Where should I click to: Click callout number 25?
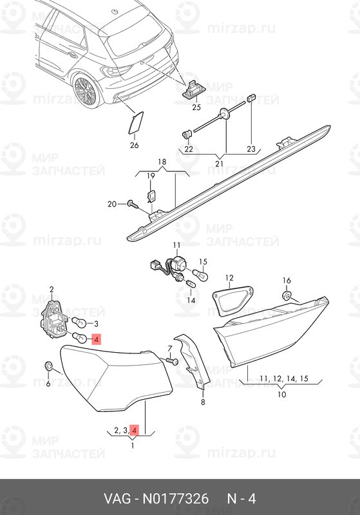pyautogui.click(x=196, y=107)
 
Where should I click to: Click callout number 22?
pyautogui.click(x=189, y=149)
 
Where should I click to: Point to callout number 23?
pyautogui.click(x=251, y=149)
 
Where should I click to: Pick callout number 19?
pyautogui.click(x=151, y=176)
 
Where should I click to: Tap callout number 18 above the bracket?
pyautogui.click(x=162, y=162)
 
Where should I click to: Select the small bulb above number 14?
pyautogui.click(x=190, y=283)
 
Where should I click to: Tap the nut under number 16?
pyautogui.click(x=287, y=295)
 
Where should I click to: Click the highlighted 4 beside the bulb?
pyautogui.click(x=96, y=339)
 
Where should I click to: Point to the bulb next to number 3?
pyautogui.click(x=79, y=323)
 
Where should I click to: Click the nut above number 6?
pyautogui.click(x=48, y=366)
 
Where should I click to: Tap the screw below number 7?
pyautogui.click(x=173, y=361)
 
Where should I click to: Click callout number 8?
pyautogui.click(x=203, y=402)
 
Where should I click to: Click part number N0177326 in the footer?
pyautogui.click(x=175, y=498)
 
